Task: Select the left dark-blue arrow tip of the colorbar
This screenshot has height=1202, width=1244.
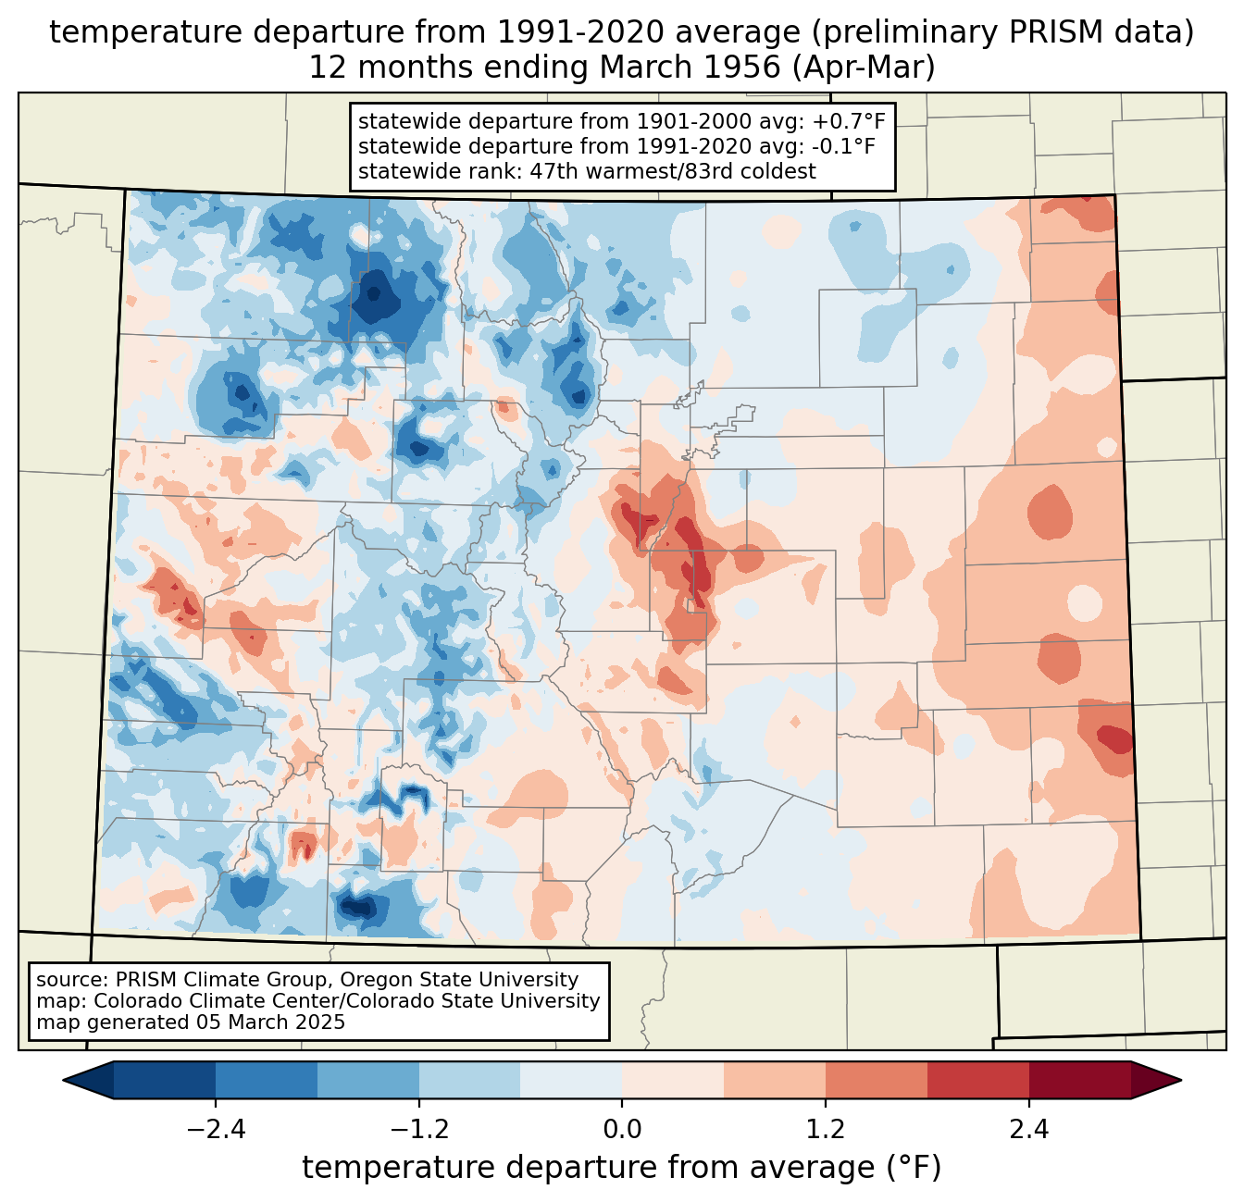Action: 65,1081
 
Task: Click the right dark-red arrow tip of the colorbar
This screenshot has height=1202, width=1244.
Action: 1180,1081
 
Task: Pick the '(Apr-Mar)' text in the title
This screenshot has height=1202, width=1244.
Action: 864,68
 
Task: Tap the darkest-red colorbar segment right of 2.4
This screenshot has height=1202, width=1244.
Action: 1080,1081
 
